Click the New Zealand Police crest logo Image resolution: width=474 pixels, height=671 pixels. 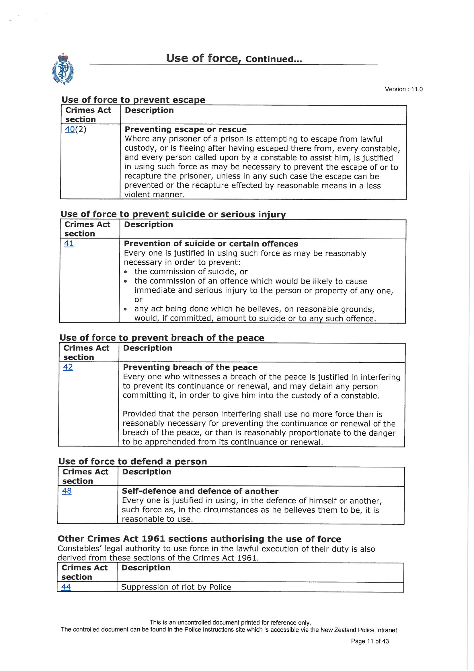(x=63, y=69)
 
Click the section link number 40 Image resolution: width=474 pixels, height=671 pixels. (x=70, y=129)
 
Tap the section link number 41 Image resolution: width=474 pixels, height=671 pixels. (x=69, y=243)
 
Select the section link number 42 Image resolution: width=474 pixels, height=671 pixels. (x=68, y=367)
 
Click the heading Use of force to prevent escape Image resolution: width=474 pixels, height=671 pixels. (x=133, y=100)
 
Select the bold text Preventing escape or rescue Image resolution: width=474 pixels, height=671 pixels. (x=186, y=129)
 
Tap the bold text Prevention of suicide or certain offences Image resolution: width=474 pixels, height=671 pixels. (x=211, y=244)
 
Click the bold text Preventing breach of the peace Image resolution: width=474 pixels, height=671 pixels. (x=190, y=367)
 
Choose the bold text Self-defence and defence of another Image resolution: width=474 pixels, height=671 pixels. (x=200, y=491)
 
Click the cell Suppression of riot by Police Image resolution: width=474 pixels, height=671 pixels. (x=176, y=587)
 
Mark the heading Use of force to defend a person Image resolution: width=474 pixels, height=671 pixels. (x=132, y=461)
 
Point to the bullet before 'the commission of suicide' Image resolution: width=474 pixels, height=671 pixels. (x=126, y=272)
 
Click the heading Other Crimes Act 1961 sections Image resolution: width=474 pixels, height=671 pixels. (x=199, y=539)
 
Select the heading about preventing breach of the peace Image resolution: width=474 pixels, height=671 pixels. (x=162, y=338)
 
